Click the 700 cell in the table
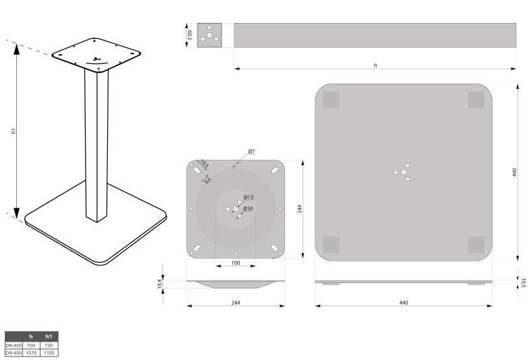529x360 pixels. [x=30, y=345]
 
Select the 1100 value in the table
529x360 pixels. [x=49, y=352]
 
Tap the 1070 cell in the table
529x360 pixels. [x=30, y=352]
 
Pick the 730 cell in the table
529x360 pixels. [x=49, y=345]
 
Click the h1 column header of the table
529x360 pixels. [x=49, y=336]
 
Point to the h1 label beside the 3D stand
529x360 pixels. [x=13, y=131]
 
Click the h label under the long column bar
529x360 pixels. [x=375, y=65]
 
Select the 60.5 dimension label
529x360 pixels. [x=191, y=35]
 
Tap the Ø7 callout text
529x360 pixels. [x=251, y=152]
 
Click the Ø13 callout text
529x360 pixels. [x=248, y=197]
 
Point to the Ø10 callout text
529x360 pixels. [x=248, y=208]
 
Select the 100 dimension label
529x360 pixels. [x=235, y=262]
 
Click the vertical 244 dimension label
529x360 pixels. [x=299, y=208]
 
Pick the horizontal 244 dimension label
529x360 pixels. [x=235, y=303]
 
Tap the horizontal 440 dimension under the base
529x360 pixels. [x=403, y=303]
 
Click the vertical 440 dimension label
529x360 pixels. [x=514, y=172]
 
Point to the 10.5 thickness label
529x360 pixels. [x=522, y=282]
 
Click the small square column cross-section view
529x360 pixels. [x=210, y=35]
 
